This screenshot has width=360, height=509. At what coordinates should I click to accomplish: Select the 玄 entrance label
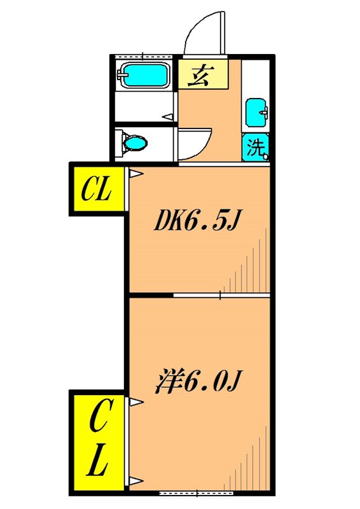coord(202,75)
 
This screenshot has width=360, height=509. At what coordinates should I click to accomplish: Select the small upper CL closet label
coord(97,190)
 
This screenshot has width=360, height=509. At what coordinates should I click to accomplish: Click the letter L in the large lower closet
coord(97,461)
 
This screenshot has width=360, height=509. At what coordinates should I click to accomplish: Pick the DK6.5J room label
coord(198,221)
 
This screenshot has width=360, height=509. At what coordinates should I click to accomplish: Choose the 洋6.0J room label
coord(198,381)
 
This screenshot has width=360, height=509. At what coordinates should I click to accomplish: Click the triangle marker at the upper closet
coord(134,172)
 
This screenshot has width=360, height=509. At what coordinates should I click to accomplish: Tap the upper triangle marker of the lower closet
coord(134,401)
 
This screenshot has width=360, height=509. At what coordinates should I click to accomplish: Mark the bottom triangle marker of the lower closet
coord(134,480)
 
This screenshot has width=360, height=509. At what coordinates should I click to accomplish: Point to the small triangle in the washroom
coord(167,117)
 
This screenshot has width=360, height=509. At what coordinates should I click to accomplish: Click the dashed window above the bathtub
coord(142,56)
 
